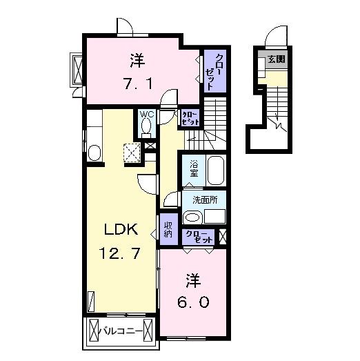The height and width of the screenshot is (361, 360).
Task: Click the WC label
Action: [x=146, y=115]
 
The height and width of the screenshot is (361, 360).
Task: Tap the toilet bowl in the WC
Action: [x=146, y=126]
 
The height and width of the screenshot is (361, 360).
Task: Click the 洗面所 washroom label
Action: [x=206, y=200]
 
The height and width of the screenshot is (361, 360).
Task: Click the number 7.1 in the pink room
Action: [x=137, y=83]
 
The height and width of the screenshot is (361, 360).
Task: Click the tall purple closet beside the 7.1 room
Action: [x=211, y=71]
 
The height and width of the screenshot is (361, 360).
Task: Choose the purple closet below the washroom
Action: [x=199, y=235]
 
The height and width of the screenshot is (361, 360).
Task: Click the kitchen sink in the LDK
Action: [x=95, y=152]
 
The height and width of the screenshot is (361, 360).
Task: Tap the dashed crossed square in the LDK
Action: [x=132, y=152]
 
